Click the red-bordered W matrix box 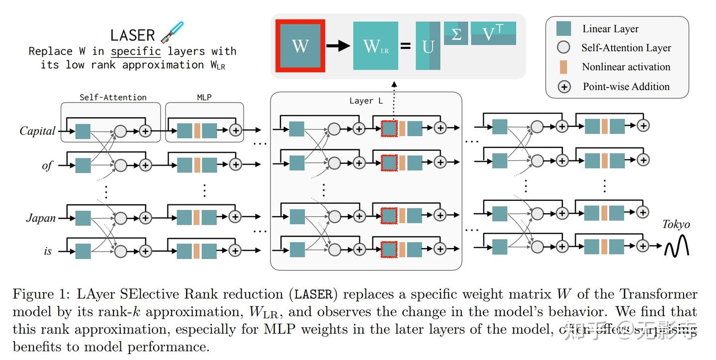pyautogui.click(x=300, y=46)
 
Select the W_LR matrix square pyautogui.click(x=375, y=46)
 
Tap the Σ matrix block pyautogui.click(x=455, y=34)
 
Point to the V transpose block pyautogui.click(x=493, y=34)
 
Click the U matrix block pyautogui.click(x=428, y=46)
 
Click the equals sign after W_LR pyautogui.click(x=406, y=46)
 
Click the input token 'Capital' pyautogui.click(x=37, y=131)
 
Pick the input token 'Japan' pyautogui.click(x=41, y=218)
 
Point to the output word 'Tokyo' pyautogui.click(x=676, y=224)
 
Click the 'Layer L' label pyautogui.click(x=366, y=101)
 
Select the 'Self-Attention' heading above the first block pyautogui.click(x=113, y=97)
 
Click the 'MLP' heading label pyautogui.click(x=204, y=97)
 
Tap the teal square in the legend pyautogui.click(x=563, y=29)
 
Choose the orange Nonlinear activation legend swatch pyautogui.click(x=563, y=67)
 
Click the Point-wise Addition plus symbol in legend pyautogui.click(x=564, y=87)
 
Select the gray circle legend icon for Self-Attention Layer pyautogui.click(x=563, y=48)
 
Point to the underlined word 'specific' pyautogui.click(x=136, y=51)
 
